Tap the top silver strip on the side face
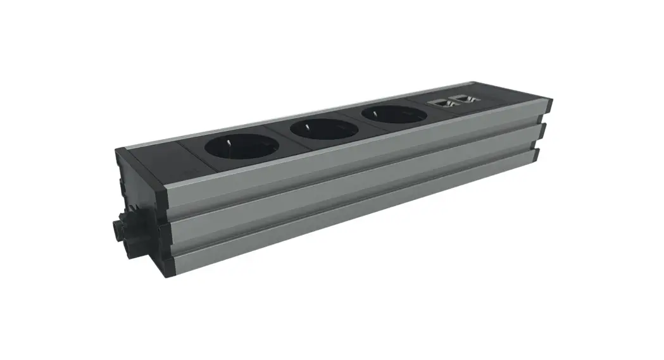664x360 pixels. (354, 158)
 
